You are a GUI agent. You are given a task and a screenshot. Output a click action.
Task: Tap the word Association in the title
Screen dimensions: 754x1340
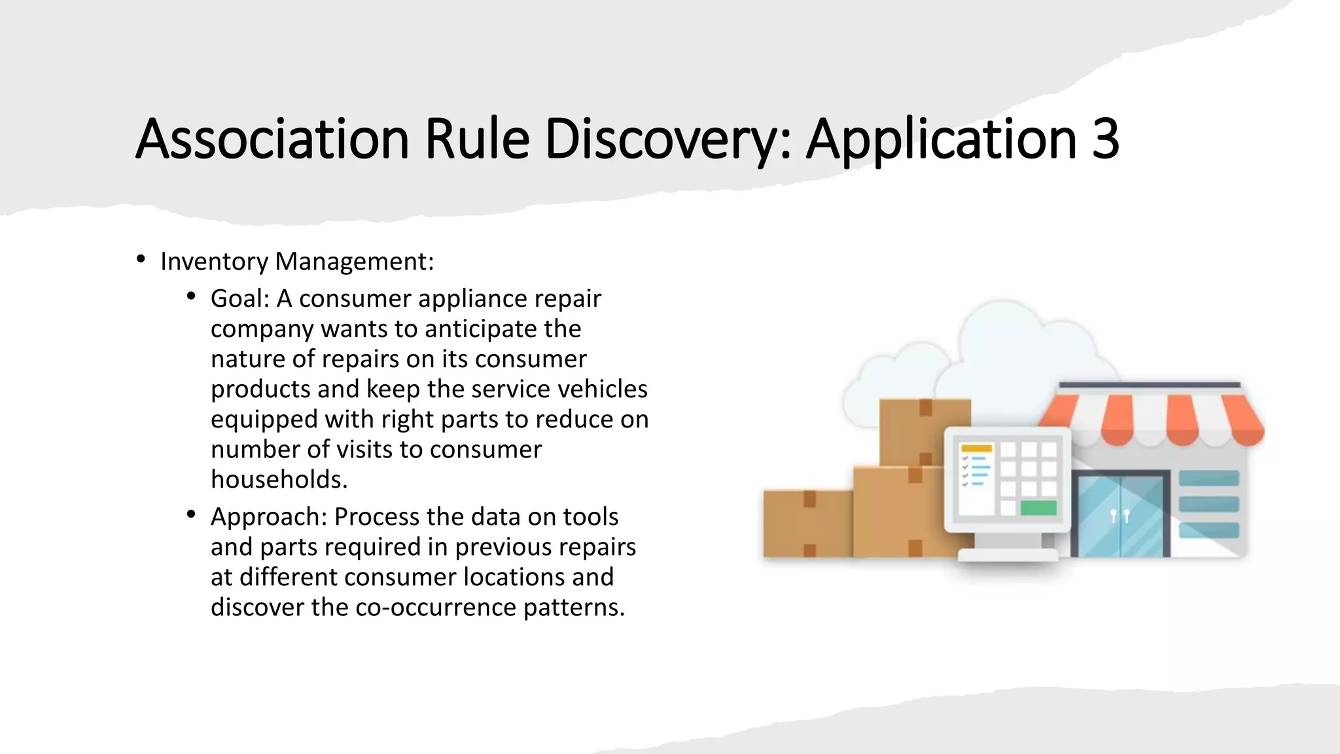(x=272, y=139)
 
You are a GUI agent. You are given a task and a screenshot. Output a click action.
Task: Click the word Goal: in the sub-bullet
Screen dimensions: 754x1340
(x=239, y=298)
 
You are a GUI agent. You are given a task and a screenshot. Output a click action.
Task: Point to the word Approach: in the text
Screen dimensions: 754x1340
(x=268, y=517)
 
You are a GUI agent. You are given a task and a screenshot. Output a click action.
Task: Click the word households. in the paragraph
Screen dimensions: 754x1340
(x=279, y=480)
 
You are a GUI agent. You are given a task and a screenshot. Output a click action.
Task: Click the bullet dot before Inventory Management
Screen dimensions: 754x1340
(x=141, y=260)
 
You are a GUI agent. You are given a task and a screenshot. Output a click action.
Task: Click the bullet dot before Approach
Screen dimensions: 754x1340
(x=191, y=515)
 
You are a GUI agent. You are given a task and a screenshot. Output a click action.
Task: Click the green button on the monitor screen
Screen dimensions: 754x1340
(x=1038, y=507)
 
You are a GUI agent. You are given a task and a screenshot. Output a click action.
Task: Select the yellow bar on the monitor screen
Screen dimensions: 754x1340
(x=976, y=448)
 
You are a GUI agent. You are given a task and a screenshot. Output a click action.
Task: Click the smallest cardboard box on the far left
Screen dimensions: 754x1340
(x=808, y=524)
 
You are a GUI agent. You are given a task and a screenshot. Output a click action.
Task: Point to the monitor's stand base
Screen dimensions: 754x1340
(x=1008, y=555)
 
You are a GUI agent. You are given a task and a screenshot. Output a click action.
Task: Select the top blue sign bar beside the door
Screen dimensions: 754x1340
(x=1208, y=478)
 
